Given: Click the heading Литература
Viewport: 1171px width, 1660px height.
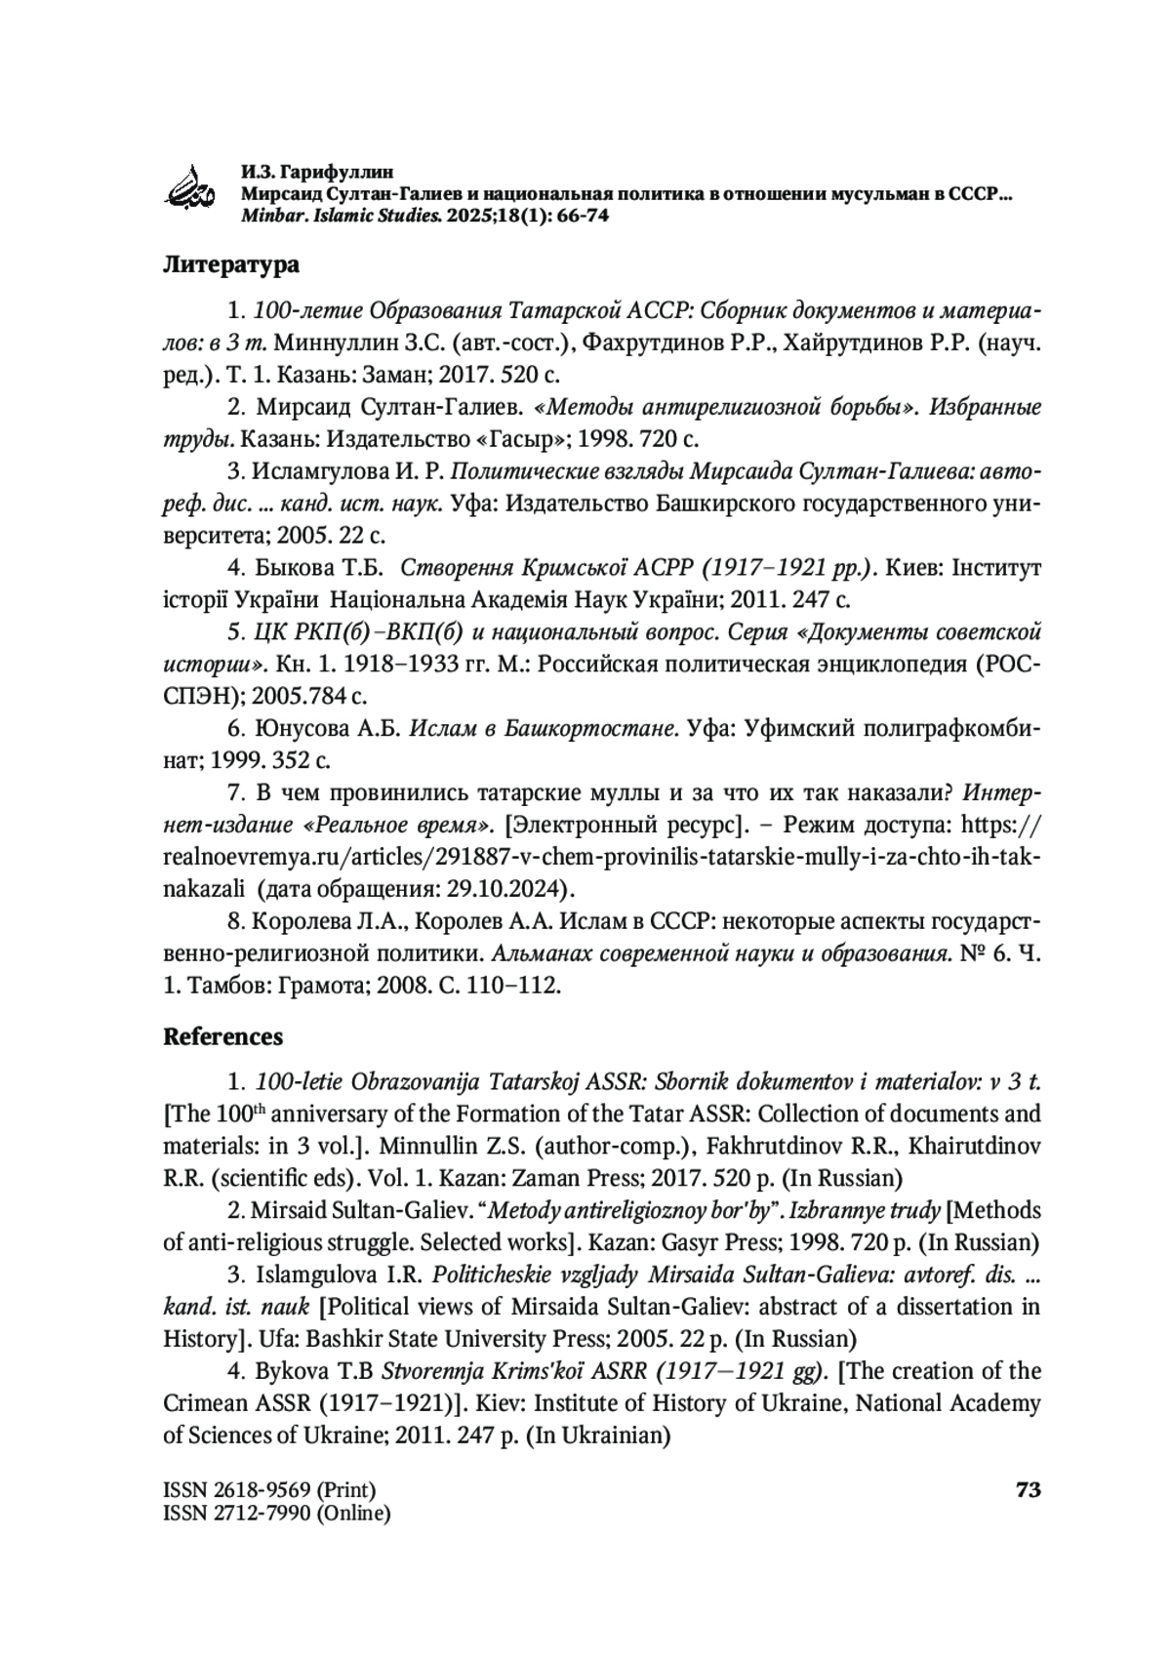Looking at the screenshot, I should coord(230,265).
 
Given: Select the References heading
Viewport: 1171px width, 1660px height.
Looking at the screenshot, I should coord(222,1036).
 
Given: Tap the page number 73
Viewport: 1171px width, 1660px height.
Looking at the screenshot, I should coord(1029,1490).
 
